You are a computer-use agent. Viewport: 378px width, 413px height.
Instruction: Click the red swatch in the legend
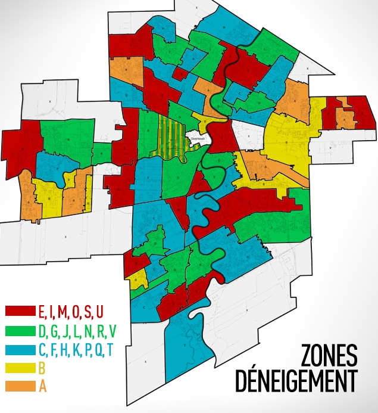(20, 312)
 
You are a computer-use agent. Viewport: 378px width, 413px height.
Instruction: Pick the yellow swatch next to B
(20, 368)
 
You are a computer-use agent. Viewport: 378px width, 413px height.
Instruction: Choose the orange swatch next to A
(20, 386)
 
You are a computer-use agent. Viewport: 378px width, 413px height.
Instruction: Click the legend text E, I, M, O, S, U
(70, 312)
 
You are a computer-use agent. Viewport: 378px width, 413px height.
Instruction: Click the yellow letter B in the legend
(42, 368)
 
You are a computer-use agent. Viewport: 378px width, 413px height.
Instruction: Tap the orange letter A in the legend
(42, 386)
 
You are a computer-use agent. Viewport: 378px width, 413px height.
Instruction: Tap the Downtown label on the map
(196, 138)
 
